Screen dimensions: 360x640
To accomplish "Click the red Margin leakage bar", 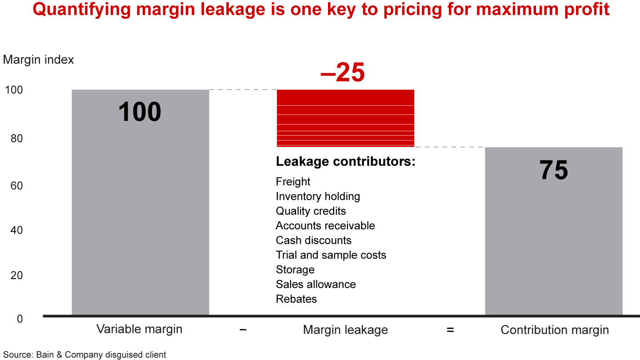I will pyautogui.click(x=345, y=118).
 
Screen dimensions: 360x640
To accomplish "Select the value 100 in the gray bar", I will pyautogui.click(x=140, y=112).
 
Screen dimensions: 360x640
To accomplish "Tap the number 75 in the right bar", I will pyautogui.click(x=554, y=170).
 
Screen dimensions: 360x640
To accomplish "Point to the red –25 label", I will pyautogui.click(x=342, y=72).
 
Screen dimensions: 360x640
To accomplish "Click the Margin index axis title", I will pyautogui.click(x=39, y=60).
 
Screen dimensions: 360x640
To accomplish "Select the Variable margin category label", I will pyautogui.click(x=140, y=329).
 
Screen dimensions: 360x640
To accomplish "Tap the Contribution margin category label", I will pyautogui.click(x=555, y=330).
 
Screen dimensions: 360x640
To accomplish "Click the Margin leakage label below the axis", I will pyautogui.click(x=345, y=330).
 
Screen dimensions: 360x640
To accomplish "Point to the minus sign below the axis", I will pyautogui.click(x=243, y=330).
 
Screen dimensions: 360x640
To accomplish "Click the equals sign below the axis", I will pyautogui.click(x=450, y=330).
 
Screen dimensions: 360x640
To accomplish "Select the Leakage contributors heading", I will pyautogui.click(x=345, y=162).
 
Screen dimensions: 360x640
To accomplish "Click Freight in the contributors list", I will pyautogui.click(x=293, y=182).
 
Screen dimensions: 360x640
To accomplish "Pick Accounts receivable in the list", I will pyautogui.click(x=325, y=226).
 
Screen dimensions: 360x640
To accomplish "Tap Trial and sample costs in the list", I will pyautogui.click(x=331, y=255).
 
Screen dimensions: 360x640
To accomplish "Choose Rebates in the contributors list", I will pyautogui.click(x=296, y=299).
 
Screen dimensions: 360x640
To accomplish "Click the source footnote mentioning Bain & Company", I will pyautogui.click(x=84, y=355).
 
